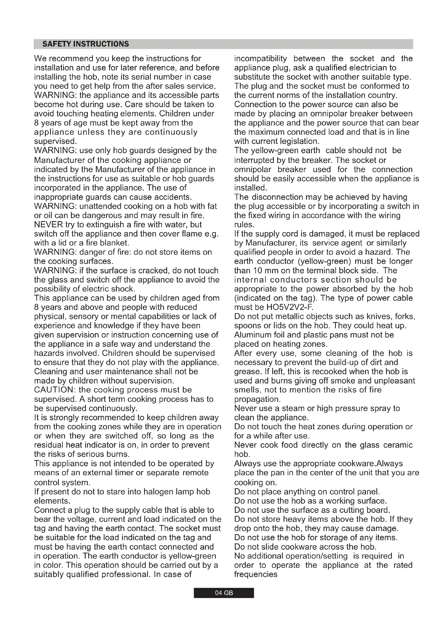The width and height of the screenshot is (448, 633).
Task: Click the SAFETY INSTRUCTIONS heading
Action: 86,44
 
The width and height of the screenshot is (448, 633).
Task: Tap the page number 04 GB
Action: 224,593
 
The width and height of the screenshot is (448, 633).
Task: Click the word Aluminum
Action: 251,335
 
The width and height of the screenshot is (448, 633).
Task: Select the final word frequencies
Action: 256,574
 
